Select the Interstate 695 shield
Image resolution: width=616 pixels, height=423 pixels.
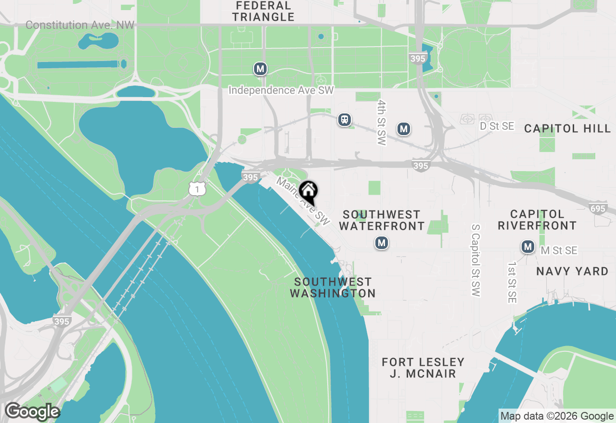tap(597, 208)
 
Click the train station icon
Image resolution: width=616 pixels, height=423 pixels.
tap(344, 120)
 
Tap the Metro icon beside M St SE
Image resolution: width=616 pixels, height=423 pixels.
tap(528, 247)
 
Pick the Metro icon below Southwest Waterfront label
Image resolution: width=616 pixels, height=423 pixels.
tap(382, 243)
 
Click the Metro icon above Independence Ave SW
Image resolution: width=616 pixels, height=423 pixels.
tap(260, 69)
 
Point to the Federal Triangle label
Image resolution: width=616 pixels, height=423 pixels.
tap(263, 12)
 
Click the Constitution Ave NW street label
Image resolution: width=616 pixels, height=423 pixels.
tap(80, 25)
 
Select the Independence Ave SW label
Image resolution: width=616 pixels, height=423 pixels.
tap(281, 90)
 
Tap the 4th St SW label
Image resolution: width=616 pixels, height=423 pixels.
tap(382, 123)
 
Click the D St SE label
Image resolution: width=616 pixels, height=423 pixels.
tap(497, 126)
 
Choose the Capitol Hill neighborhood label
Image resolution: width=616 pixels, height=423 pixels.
tap(567, 128)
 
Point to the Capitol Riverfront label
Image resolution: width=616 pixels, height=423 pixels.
tap(537, 220)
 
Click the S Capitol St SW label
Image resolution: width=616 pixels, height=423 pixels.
tap(476, 265)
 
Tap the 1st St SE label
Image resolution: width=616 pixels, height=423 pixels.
tap(512, 283)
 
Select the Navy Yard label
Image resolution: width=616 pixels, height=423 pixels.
tap(572, 272)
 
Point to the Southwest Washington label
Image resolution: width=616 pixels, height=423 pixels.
tap(333, 287)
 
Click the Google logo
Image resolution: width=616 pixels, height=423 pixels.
tap(32, 412)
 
